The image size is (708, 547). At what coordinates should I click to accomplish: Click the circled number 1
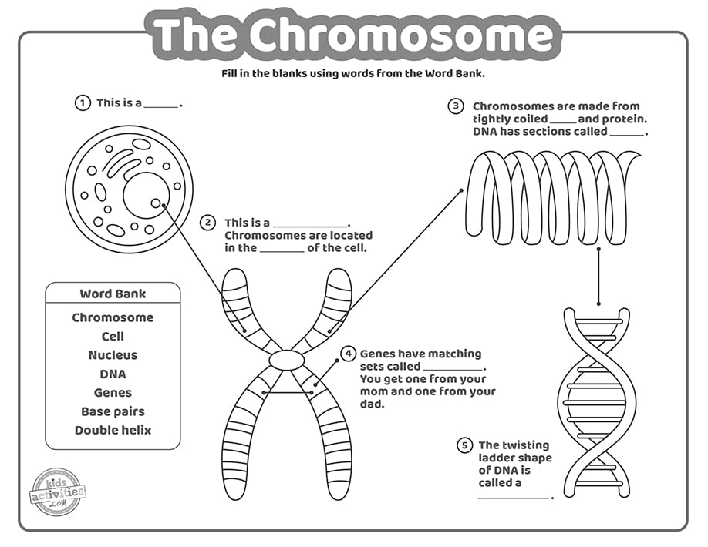[82, 103]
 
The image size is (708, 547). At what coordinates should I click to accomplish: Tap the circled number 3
[456, 106]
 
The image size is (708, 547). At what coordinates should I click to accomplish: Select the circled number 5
[464, 445]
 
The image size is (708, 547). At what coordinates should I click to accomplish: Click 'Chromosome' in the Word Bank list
[113, 317]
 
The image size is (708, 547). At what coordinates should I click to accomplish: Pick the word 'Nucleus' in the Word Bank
[113, 355]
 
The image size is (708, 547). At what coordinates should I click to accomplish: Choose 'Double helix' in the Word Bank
[113, 430]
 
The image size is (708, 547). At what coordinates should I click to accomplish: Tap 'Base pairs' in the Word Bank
[113, 411]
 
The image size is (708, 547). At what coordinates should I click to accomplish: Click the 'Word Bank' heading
[113, 294]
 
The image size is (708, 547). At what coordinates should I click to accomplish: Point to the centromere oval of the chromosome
[286, 360]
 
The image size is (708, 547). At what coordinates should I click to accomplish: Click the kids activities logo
[58, 490]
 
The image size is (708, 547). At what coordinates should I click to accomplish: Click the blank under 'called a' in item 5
[514, 498]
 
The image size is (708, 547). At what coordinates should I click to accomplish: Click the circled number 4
[349, 354]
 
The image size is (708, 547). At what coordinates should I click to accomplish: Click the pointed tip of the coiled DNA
[639, 154]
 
